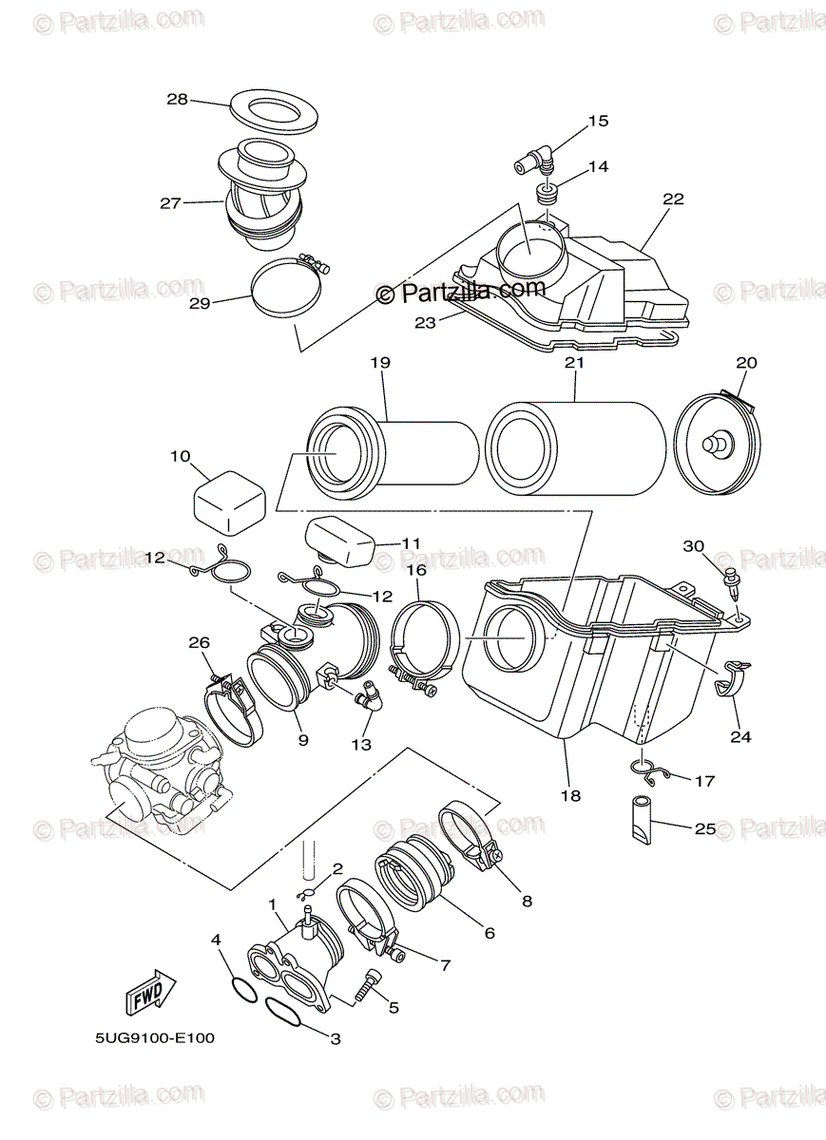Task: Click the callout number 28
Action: (x=178, y=99)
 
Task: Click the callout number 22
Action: (x=673, y=199)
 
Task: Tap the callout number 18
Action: (x=570, y=795)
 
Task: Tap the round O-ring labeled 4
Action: (x=243, y=989)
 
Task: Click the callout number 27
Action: (x=170, y=202)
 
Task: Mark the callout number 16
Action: (x=416, y=570)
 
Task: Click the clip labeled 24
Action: (x=732, y=682)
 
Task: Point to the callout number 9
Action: (x=302, y=738)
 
